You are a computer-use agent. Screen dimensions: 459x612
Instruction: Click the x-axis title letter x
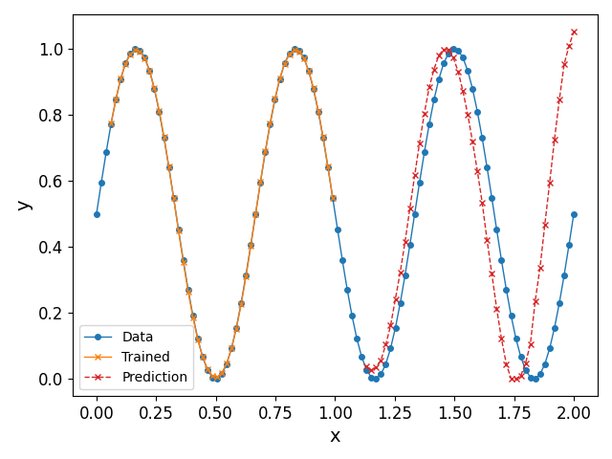(x=335, y=436)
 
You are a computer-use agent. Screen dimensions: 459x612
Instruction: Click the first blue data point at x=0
(x=97, y=214)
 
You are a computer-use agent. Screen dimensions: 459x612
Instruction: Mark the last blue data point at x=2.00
(x=574, y=214)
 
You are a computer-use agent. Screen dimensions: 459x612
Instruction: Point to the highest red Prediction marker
(x=574, y=32)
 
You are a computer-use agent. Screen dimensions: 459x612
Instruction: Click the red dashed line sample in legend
(x=99, y=377)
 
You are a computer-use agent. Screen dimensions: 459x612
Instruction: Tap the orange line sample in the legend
(x=99, y=357)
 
